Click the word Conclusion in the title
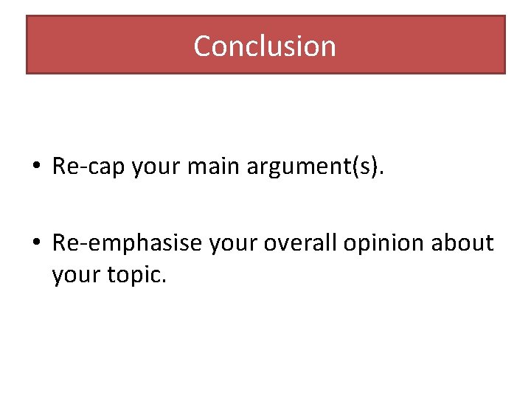coord(265,46)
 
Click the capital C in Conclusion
coord(202,46)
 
